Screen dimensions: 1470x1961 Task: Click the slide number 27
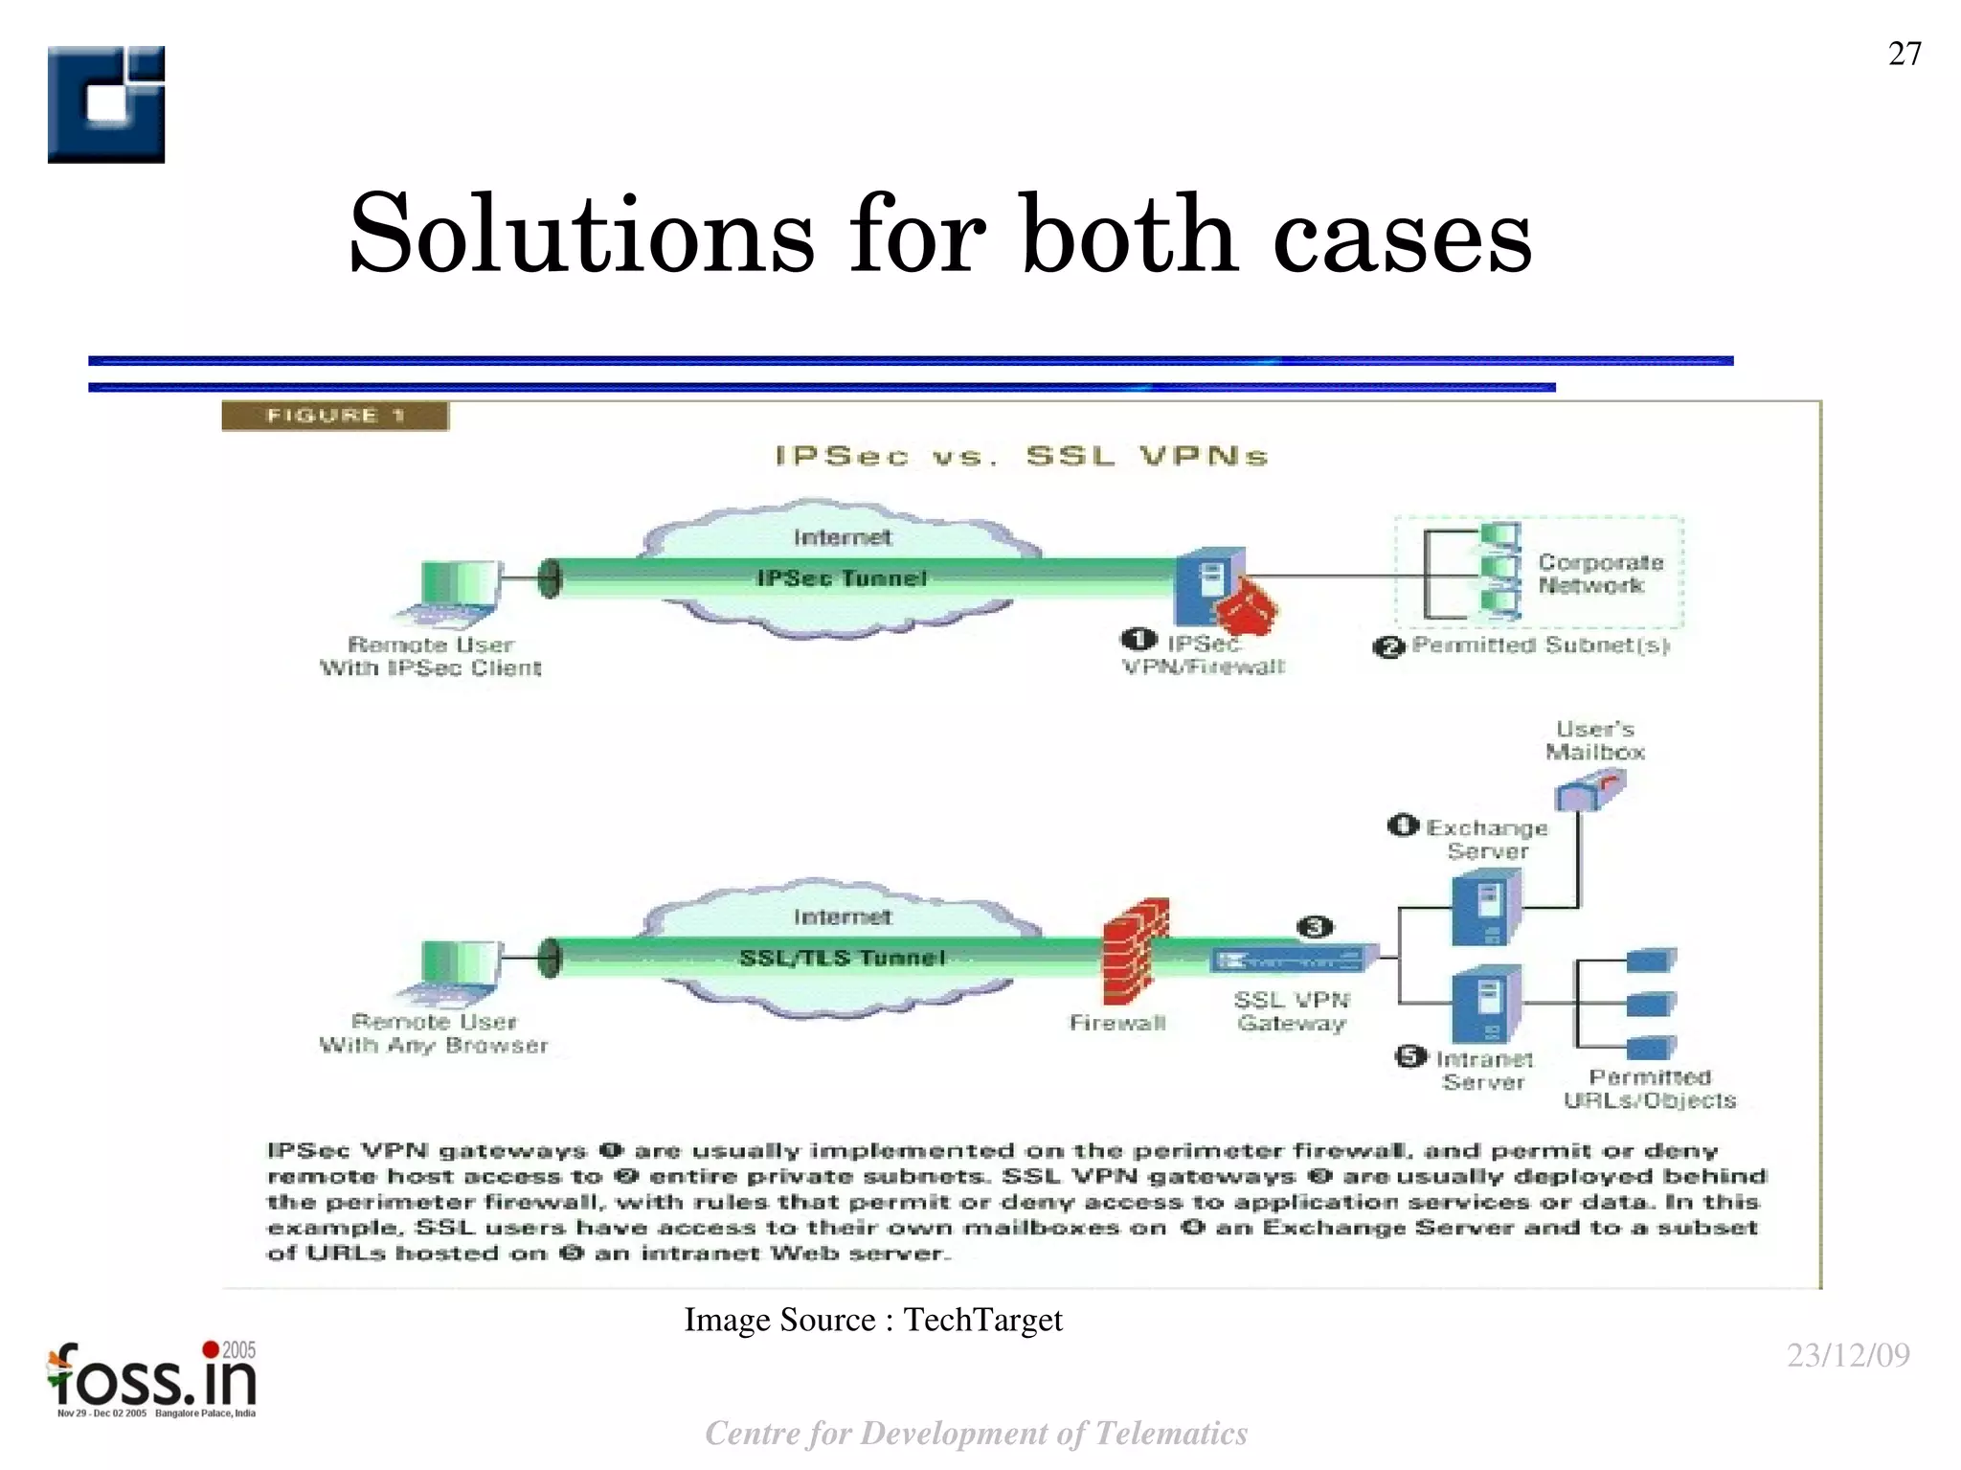click(x=1904, y=54)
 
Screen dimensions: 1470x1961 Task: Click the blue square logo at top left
click(x=106, y=104)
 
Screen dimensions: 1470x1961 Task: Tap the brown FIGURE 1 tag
click(x=335, y=416)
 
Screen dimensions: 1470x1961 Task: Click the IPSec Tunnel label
click(x=842, y=578)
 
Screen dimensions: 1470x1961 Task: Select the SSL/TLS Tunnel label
click(x=842, y=958)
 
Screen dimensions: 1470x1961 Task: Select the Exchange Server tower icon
click(x=1486, y=911)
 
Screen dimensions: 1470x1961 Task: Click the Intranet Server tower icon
click(x=1486, y=1005)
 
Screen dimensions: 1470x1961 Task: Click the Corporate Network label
click(x=1600, y=574)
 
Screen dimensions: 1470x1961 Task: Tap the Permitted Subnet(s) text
click(x=1541, y=645)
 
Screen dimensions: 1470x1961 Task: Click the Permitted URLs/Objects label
click(x=1650, y=1089)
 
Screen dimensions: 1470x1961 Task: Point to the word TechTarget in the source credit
click(x=982, y=1320)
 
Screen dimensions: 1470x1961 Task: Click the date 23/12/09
click(x=1848, y=1355)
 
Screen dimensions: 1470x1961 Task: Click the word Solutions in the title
click(x=581, y=235)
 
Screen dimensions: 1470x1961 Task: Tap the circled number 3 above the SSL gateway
click(x=1315, y=926)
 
